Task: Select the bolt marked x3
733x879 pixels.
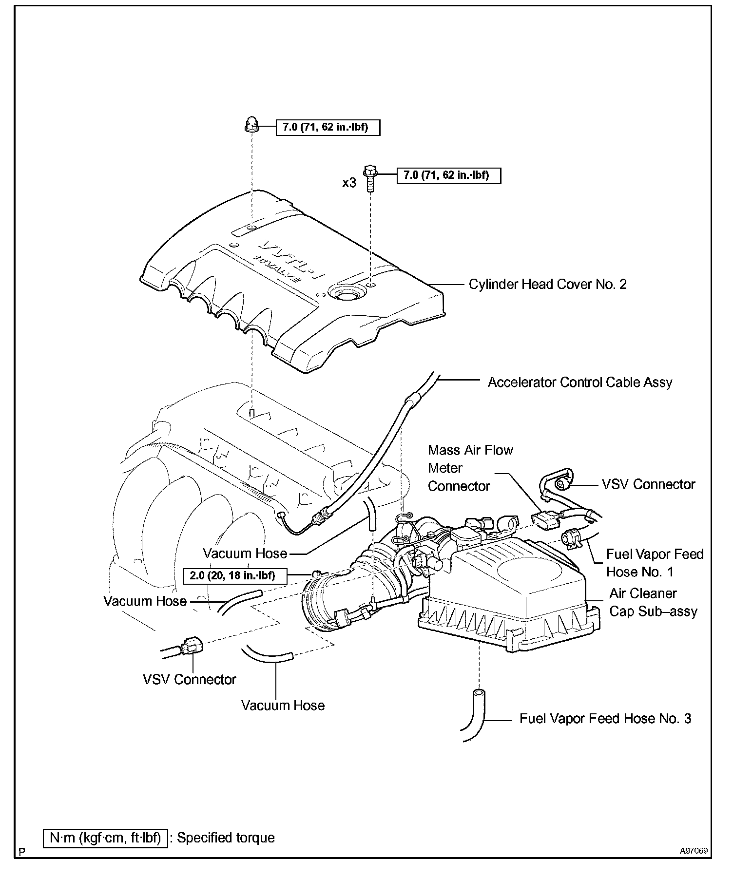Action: [370, 177]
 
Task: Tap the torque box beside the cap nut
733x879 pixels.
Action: [328, 128]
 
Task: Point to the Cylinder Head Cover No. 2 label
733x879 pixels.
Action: [547, 284]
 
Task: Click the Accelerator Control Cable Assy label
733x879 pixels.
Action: [580, 382]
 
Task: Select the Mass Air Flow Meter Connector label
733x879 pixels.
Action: [470, 468]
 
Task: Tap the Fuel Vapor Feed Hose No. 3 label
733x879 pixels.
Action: [605, 718]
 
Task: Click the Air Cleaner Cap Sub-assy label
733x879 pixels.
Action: [653, 602]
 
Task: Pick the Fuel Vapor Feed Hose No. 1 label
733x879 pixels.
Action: [655, 563]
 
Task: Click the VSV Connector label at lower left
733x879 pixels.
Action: [190, 679]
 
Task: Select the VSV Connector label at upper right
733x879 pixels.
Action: [648, 484]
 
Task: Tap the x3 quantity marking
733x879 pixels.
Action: [349, 183]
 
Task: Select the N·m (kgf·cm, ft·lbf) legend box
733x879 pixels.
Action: [105, 838]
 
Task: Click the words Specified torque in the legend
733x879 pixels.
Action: [226, 838]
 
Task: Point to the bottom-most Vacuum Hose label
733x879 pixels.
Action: [283, 705]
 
